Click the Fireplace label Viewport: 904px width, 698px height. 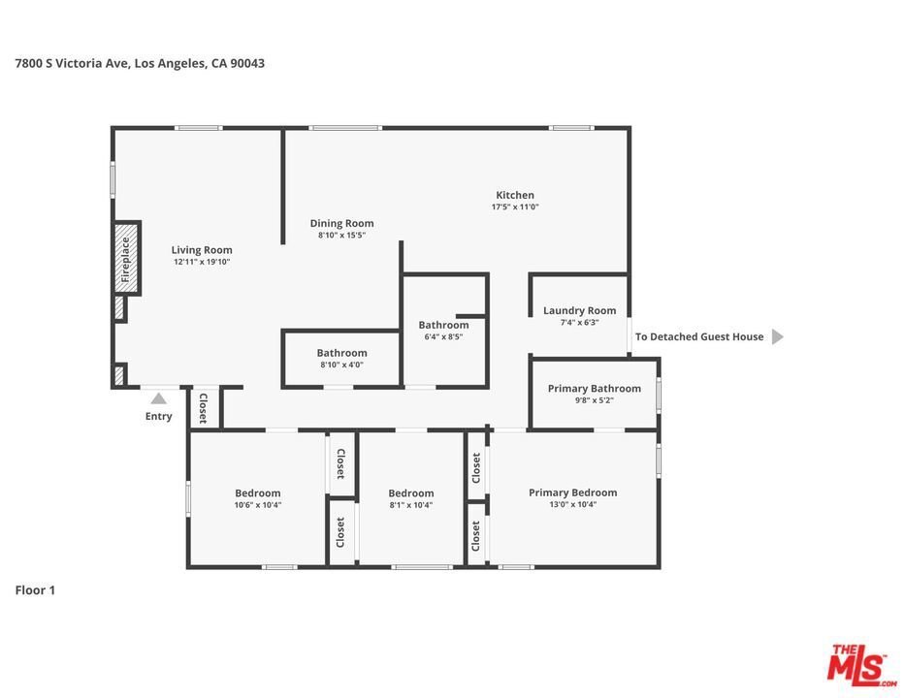coord(126,260)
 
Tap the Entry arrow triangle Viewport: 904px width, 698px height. coord(158,398)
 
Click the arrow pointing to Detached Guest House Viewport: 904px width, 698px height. coord(778,336)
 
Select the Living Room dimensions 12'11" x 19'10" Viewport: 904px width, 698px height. coord(202,262)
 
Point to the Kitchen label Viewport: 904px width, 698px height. coord(515,195)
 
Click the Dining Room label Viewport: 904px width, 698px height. coord(341,223)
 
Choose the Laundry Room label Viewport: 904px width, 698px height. coord(579,310)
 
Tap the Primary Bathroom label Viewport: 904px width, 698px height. coord(595,389)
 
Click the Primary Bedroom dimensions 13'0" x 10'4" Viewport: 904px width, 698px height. coord(573,504)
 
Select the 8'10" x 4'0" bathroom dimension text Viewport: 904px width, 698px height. coord(341,365)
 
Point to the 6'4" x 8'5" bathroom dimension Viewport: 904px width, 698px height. coord(444,336)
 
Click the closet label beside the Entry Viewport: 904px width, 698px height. coord(203,409)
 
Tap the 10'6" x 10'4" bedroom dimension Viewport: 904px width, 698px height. coord(258,505)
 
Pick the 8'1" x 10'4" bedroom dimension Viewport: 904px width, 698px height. coord(411,505)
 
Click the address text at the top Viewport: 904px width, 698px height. coord(140,63)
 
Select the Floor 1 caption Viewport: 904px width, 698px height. coord(35,590)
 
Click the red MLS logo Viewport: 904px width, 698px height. coord(861,665)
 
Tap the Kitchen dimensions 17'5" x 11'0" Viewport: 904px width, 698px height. coord(515,206)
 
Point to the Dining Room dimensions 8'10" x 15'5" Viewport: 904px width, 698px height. coord(341,236)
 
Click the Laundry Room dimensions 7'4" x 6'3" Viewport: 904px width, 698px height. coord(579,323)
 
